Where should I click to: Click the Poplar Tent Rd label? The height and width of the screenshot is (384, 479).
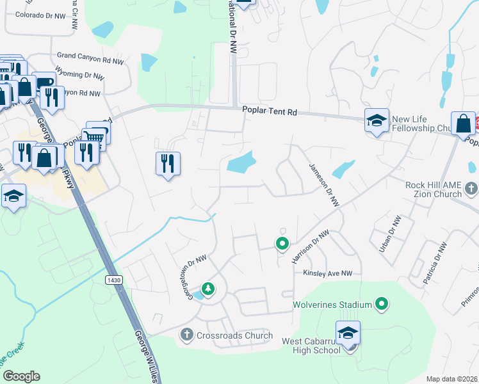tap(270, 111)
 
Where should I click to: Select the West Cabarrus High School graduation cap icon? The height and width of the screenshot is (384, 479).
tap(348, 333)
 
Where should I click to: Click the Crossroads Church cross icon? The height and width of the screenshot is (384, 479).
tap(186, 334)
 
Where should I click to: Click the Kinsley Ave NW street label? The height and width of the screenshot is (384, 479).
tap(328, 273)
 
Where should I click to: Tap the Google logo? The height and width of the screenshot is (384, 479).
tap(20, 376)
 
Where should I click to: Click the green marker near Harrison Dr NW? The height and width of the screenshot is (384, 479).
tap(281, 243)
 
